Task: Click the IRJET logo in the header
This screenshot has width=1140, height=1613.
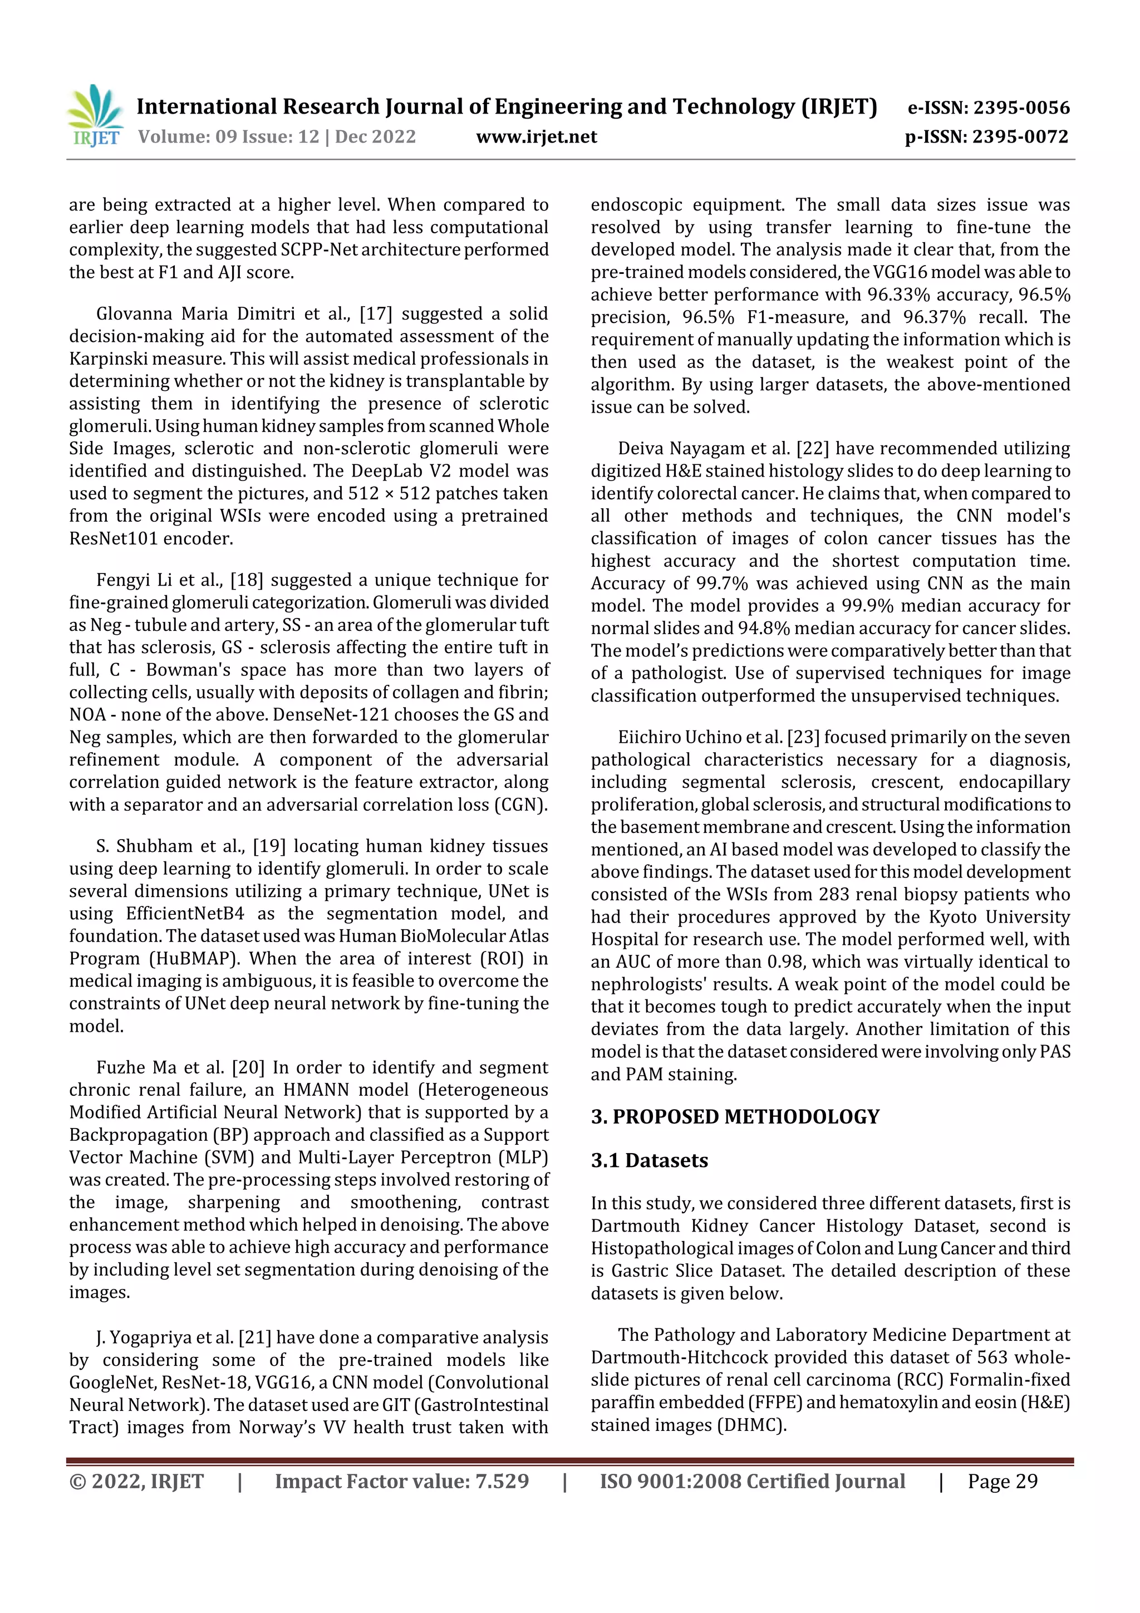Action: coord(94,116)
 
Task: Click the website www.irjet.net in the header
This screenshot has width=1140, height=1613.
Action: coord(536,136)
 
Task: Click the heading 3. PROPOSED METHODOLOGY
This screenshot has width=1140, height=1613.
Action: coord(735,1117)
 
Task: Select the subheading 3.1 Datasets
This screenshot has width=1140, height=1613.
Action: coord(649,1160)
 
